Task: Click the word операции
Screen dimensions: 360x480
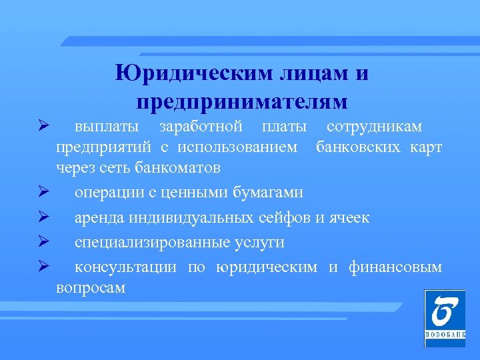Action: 111,193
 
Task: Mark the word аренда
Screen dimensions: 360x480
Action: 99,218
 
